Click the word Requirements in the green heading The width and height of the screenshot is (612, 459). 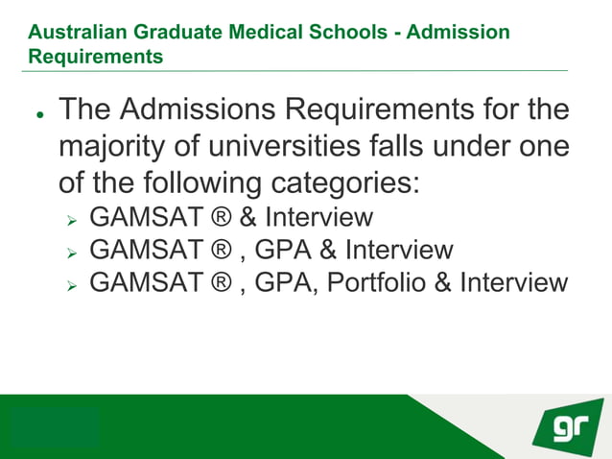click(95, 57)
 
